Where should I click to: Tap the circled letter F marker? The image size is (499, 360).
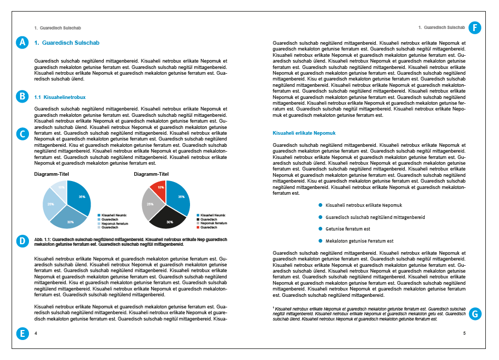coord(475,28)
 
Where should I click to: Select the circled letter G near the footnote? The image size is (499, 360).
coord(475,314)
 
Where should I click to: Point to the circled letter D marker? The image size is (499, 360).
coord(22,242)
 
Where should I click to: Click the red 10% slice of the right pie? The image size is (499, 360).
coord(158,186)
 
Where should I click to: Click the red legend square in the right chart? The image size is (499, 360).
coord(198,227)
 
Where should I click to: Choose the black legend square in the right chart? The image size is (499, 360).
coord(198,219)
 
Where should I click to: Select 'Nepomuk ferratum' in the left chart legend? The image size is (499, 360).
coord(115,223)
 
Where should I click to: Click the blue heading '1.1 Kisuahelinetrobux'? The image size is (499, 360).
coord(59,97)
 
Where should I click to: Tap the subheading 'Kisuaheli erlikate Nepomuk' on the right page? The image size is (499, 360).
coord(304,133)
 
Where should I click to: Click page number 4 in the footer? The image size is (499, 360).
coord(36,333)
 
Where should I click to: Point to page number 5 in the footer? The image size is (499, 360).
coord(464,333)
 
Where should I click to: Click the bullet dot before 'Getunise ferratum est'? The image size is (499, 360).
coord(320,229)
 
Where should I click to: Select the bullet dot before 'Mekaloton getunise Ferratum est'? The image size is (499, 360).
coord(320,241)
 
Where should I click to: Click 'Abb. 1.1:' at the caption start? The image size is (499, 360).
coord(43,238)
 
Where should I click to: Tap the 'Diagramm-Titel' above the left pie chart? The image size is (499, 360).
coord(52,174)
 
